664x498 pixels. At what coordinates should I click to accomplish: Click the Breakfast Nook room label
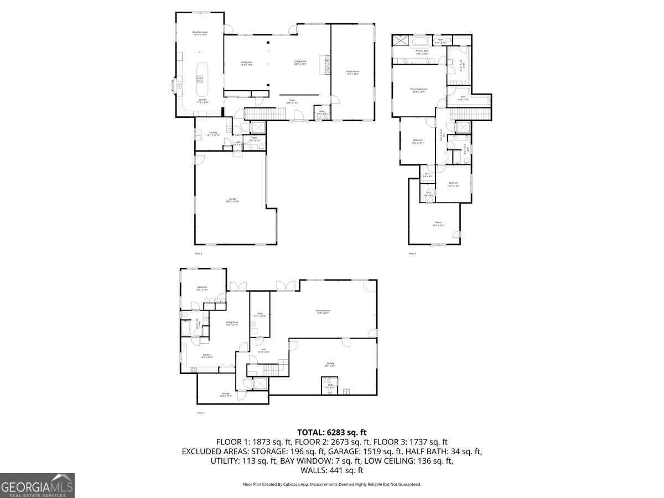[200, 34]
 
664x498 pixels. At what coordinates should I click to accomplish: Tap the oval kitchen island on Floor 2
[201, 78]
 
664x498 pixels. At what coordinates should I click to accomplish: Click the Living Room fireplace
[326, 64]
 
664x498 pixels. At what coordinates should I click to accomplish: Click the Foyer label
[292, 102]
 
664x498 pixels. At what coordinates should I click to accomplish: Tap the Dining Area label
[246, 63]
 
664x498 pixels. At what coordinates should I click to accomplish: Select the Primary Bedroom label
[419, 90]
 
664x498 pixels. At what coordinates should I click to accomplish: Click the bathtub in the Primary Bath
[419, 41]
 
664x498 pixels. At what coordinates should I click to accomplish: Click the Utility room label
[260, 314]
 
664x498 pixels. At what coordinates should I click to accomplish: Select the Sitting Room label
[232, 323]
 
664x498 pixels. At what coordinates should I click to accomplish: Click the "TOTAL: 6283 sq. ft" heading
[332, 432]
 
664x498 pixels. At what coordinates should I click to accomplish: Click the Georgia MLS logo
[37, 485]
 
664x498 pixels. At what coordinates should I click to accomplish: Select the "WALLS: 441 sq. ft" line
[332, 470]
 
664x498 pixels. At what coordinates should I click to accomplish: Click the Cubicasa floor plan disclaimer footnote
[332, 484]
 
